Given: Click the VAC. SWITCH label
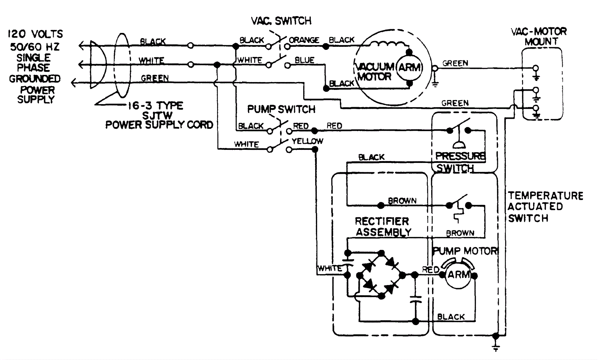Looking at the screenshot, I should (281, 21).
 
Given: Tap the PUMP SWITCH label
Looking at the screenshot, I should (281, 109).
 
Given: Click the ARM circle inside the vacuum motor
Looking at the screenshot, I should (410, 68).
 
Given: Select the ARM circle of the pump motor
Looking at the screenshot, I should (458, 275).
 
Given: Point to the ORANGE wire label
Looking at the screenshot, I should (304, 40).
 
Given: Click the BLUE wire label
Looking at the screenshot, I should (304, 60).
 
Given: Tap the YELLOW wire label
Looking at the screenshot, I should (307, 141).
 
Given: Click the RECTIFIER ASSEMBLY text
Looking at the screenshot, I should (383, 227).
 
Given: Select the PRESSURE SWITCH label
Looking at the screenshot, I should (460, 162).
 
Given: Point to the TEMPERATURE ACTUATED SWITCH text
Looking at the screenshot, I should (545, 206).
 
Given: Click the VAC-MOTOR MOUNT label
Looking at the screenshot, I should (539, 36).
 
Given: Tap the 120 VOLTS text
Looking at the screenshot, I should (35, 34).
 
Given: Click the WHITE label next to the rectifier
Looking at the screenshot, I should (329, 268).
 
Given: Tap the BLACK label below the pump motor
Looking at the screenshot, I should (451, 317).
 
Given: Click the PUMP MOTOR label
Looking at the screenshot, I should (465, 251).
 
